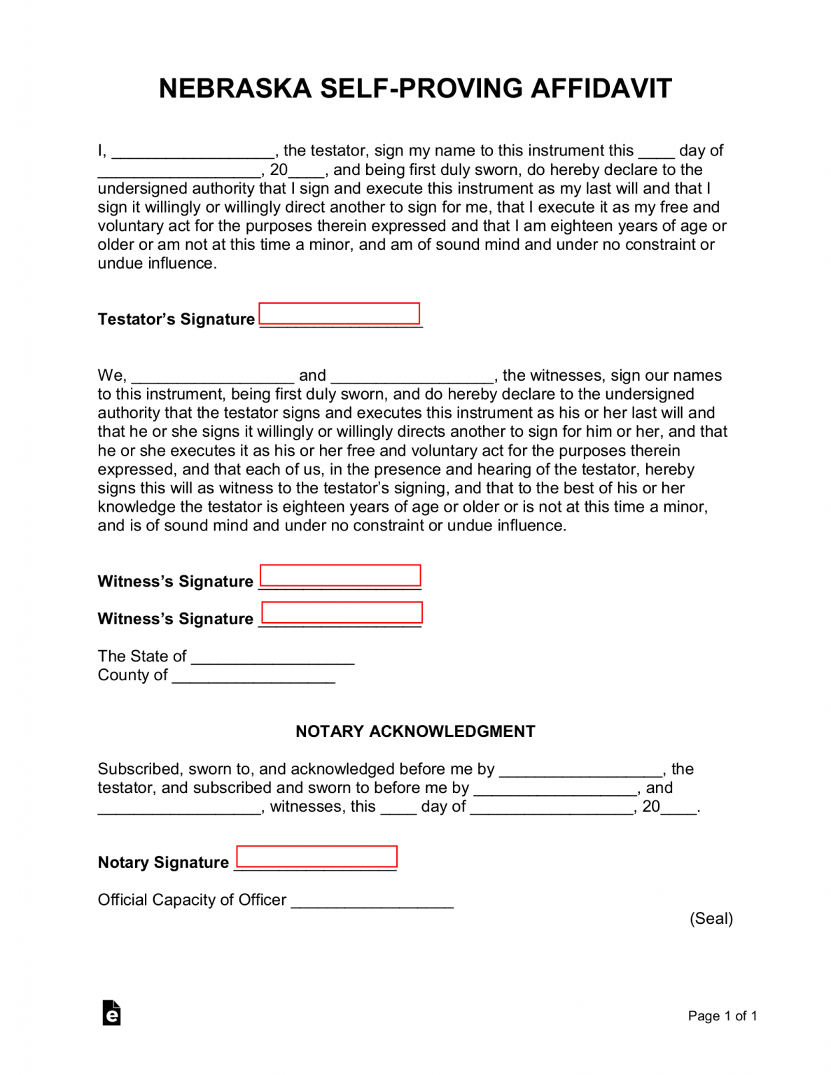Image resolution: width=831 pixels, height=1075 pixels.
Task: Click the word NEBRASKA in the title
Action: tap(235, 89)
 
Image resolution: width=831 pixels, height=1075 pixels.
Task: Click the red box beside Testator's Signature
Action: tap(340, 314)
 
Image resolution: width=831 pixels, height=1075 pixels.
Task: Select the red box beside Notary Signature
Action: tap(316, 857)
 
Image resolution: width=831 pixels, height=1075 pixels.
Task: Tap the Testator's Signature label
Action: tap(176, 320)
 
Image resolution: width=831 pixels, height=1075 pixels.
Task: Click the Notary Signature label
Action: tap(163, 863)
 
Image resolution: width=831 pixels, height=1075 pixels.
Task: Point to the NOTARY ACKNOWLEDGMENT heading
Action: tap(415, 732)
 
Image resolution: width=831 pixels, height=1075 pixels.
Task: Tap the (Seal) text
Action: tap(711, 919)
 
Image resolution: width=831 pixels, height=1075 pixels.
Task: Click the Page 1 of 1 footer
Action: tap(722, 1016)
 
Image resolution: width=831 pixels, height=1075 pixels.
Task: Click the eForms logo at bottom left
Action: tap(111, 1013)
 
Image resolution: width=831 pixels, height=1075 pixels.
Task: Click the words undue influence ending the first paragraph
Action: tap(157, 264)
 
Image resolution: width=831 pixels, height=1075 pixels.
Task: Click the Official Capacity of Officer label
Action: tap(192, 900)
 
